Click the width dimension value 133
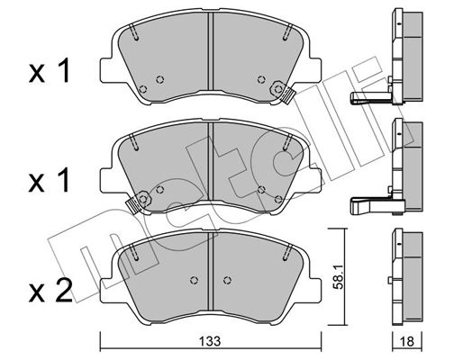coord(210,341)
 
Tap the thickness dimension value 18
coord(407,341)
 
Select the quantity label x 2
coord(50,291)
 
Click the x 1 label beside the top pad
coord(50,71)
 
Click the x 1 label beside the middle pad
coord(50,180)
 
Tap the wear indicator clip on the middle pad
coord(132,204)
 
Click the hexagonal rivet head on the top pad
coord(277,89)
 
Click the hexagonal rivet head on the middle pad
coord(144,199)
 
